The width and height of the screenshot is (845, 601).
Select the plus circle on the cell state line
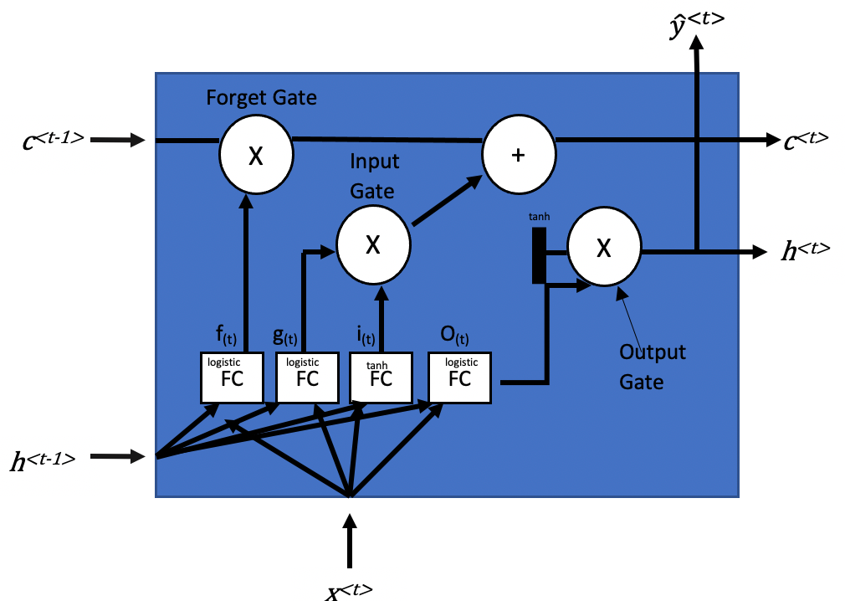(519, 155)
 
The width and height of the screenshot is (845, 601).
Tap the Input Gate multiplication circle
(373, 244)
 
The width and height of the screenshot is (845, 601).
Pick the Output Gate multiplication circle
(604, 247)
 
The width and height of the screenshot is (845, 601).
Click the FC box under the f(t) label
(232, 377)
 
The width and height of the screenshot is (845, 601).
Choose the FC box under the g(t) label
(307, 377)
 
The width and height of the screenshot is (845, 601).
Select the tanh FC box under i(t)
(381, 377)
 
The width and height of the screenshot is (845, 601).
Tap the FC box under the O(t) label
(459, 377)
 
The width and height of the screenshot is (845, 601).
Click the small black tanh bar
(539, 255)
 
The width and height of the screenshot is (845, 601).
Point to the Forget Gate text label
(261, 98)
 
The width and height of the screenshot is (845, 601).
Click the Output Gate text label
(652, 366)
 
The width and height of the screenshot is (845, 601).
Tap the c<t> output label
(806, 140)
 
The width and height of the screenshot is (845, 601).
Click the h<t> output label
(805, 250)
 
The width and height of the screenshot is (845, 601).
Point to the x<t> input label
(350, 590)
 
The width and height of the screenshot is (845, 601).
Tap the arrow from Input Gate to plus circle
(448, 201)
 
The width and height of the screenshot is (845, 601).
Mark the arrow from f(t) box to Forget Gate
(247, 259)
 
